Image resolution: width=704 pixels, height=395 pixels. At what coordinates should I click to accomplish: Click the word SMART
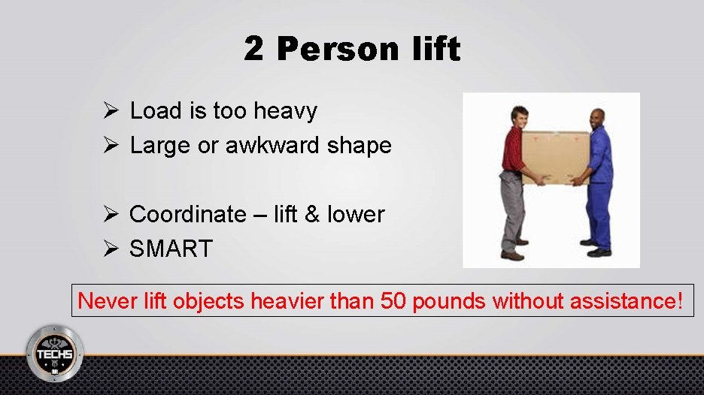pyautogui.click(x=171, y=249)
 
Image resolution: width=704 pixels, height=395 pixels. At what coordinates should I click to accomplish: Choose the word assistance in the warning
pyautogui.click(x=627, y=301)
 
